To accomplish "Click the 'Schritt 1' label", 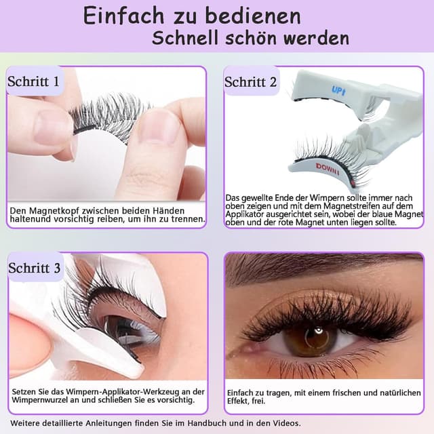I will (34, 83).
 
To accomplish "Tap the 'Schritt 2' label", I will (250, 83).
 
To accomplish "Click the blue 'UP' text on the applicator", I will (338, 91).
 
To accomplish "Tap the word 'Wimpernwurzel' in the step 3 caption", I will (44, 401).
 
